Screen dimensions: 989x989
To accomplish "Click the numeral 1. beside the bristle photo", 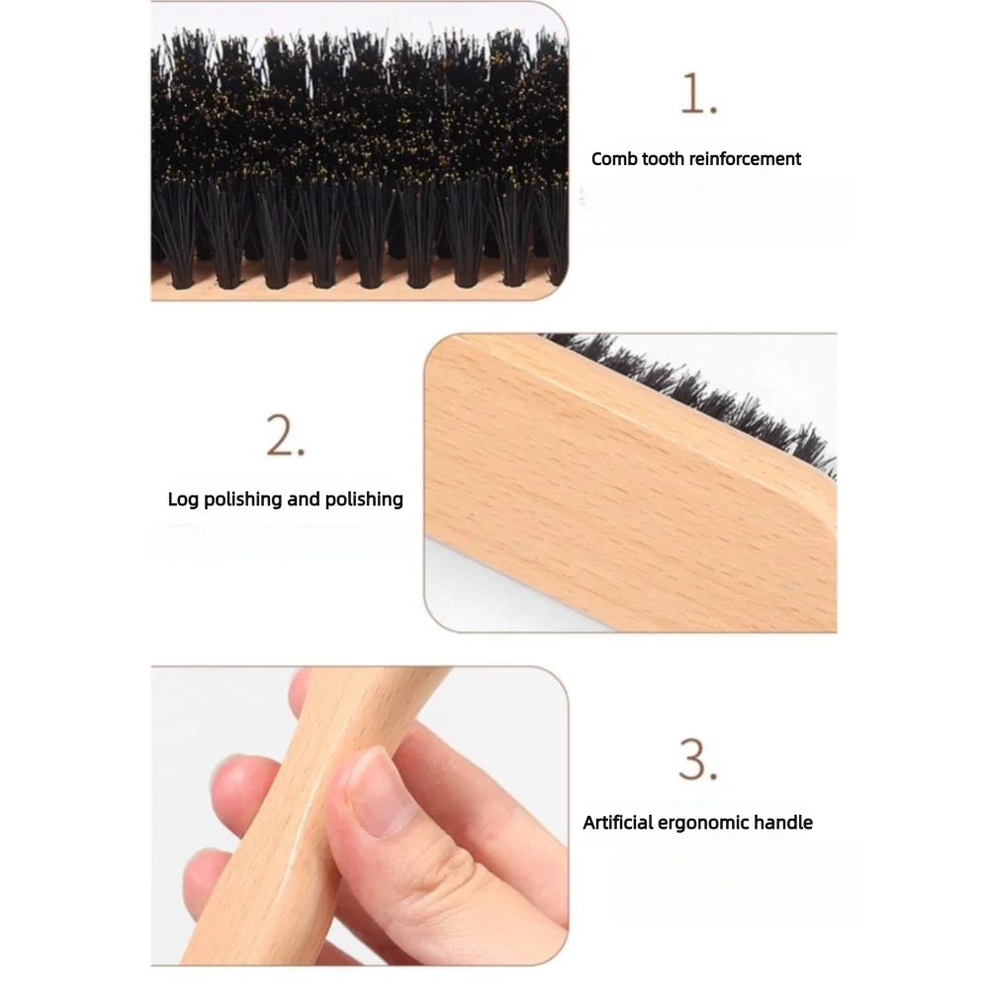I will tap(698, 96).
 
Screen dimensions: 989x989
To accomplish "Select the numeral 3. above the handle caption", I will tap(698, 761).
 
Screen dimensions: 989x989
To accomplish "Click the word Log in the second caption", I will tap(183, 498).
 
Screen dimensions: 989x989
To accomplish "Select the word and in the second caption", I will tap(304, 498).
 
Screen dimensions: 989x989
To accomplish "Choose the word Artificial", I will tap(619, 822).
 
